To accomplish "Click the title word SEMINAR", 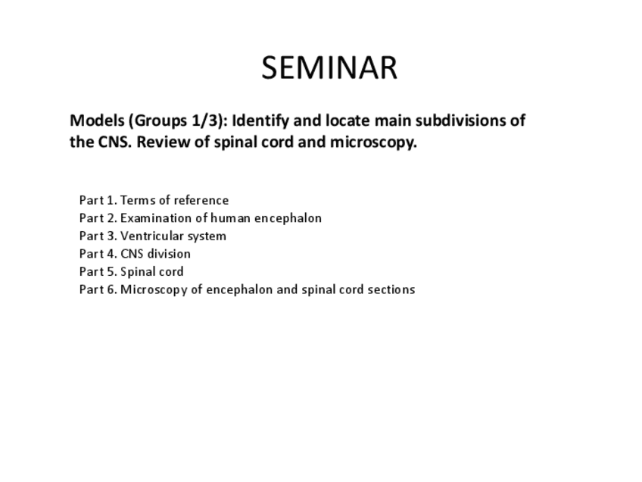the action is tap(329, 67).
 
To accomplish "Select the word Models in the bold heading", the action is tap(97, 121).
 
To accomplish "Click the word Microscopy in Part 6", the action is tap(154, 290).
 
